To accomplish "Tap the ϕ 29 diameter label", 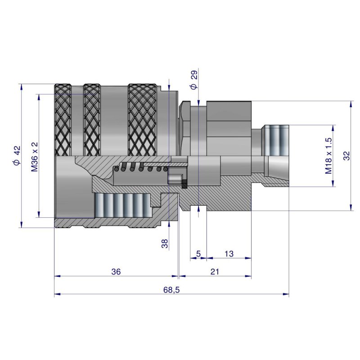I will click(194, 81).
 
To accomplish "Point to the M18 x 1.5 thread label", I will click(328, 156).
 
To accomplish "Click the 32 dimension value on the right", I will click(346, 156).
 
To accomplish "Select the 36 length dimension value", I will click(116, 272).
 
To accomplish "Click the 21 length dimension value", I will click(215, 272).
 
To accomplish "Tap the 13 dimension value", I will click(229, 254).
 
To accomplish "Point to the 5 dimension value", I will click(198, 254).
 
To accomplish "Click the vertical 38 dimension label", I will click(165, 243).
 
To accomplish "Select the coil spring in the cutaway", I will click(142, 168).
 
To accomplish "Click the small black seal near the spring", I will click(184, 184).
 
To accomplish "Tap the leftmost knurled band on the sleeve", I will click(63, 119).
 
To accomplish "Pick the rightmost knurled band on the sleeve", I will click(142, 119).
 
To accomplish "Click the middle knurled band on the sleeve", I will click(92, 119).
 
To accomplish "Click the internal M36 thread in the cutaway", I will click(121, 205).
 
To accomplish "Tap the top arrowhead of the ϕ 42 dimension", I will click(22, 86).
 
